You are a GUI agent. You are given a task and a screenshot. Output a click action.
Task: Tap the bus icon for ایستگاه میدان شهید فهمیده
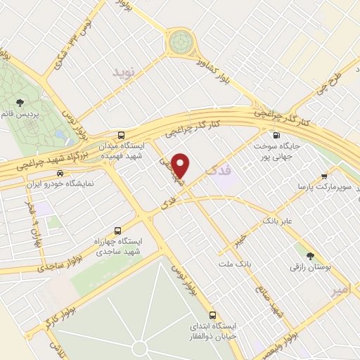click(x=122, y=134)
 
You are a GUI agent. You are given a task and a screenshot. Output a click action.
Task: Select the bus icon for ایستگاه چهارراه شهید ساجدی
click(x=117, y=230)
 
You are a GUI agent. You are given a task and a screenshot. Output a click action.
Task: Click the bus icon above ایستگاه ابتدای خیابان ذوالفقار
click(x=213, y=314)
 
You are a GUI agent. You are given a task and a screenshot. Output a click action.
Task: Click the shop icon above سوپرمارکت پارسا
click(x=323, y=176)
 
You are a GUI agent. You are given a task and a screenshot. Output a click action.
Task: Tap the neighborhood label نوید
click(x=122, y=72)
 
